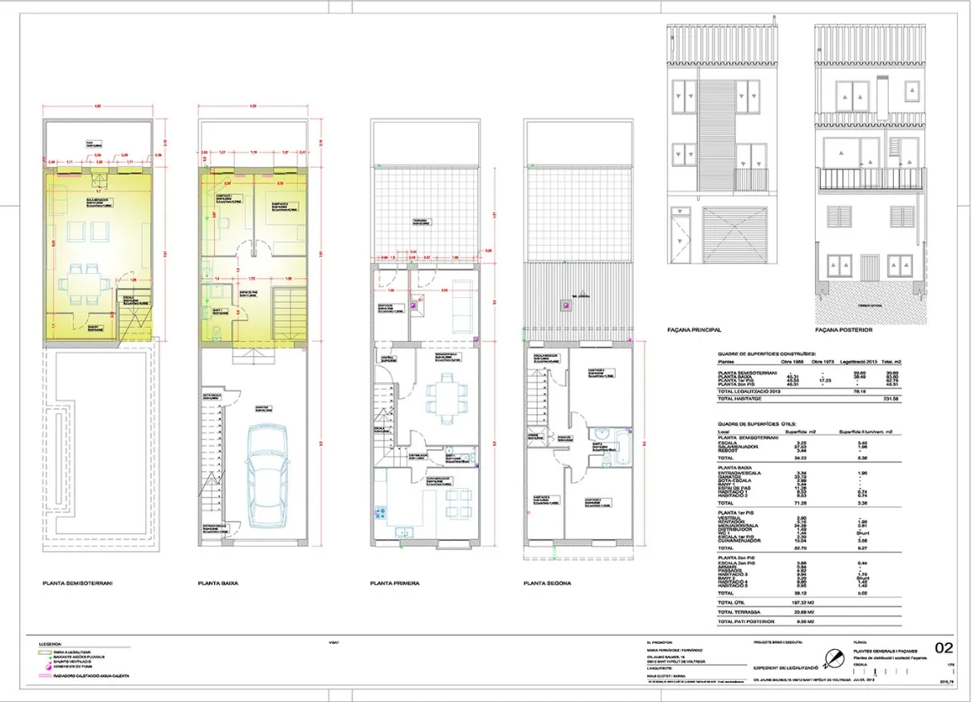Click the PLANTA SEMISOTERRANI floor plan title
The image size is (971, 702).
[x=77, y=583]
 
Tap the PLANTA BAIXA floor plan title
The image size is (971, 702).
[x=218, y=583]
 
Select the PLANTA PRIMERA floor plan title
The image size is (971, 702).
[x=394, y=583]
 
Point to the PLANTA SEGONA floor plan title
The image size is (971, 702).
[x=547, y=583]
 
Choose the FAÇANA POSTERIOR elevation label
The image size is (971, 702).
[x=844, y=330]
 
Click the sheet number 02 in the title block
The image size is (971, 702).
[x=944, y=648]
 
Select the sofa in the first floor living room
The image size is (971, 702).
[x=458, y=313]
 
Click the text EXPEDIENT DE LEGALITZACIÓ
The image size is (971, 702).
[x=786, y=667]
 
